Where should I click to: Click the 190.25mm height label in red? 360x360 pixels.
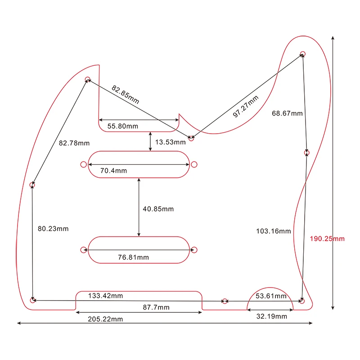[327, 238]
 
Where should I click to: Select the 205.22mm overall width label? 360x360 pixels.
[105, 319]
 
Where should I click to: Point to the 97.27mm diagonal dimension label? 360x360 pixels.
[246, 107]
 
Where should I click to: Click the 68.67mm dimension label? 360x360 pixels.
[287, 113]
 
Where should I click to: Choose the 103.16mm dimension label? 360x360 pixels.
[273, 231]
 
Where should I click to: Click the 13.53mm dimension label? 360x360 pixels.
[171, 142]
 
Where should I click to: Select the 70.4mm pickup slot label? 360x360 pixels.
[113, 171]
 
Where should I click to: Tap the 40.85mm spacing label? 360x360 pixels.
[158, 209]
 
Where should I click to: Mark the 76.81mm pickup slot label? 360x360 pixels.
[133, 257]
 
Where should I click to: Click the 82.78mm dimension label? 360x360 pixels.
[74, 143]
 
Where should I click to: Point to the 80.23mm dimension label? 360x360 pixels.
[53, 229]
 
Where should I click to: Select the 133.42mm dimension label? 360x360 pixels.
[105, 296]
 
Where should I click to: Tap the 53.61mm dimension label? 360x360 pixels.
[271, 296]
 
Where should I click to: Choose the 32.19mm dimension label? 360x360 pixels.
[272, 316]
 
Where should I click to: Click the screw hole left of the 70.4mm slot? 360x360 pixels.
[83, 164]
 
